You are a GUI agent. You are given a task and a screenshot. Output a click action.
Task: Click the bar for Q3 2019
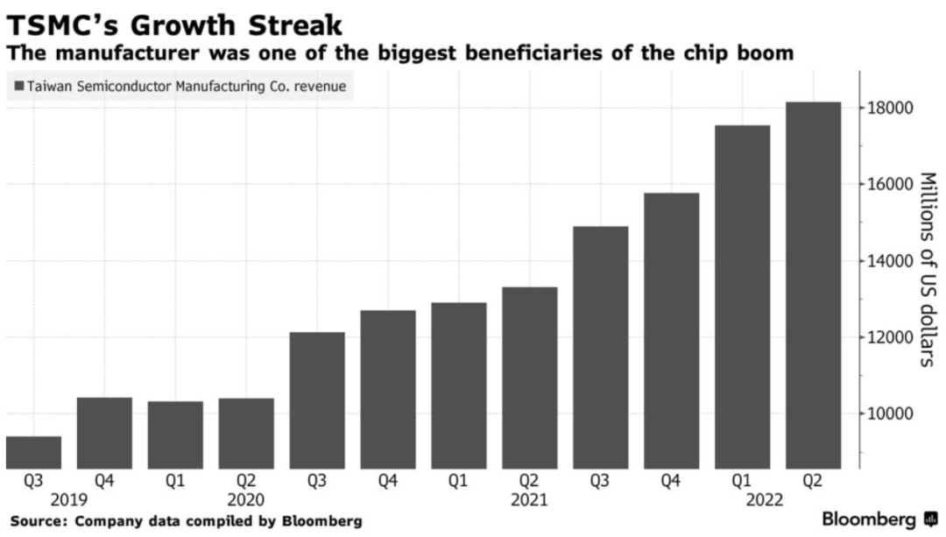tap(33, 452)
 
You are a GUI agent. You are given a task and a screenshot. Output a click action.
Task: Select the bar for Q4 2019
tap(104, 433)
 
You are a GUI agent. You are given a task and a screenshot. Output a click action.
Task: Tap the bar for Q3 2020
tap(317, 400)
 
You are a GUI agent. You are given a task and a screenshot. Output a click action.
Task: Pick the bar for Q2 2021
tap(530, 378)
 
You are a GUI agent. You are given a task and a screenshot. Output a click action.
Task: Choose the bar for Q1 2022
tap(743, 297)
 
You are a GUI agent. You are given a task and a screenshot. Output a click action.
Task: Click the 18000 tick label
tap(891, 109)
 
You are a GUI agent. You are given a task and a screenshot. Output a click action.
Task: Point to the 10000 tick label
tap(891, 413)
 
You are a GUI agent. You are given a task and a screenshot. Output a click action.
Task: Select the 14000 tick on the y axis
tap(891, 261)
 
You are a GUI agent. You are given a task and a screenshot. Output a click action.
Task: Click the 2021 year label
tap(530, 500)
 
